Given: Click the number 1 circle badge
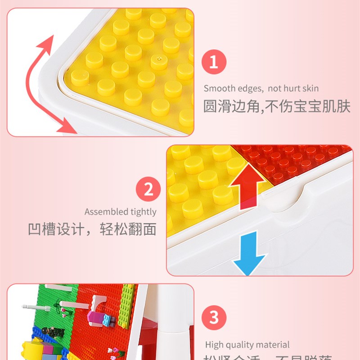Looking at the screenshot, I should click(x=213, y=62).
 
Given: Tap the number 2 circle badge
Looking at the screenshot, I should click(x=149, y=190).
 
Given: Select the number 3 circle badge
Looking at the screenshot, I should click(x=214, y=317).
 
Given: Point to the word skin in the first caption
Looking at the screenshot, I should click(x=310, y=89).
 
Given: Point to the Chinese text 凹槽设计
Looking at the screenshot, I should click(x=56, y=229).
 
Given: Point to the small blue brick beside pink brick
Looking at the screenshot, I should click(x=107, y=320).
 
